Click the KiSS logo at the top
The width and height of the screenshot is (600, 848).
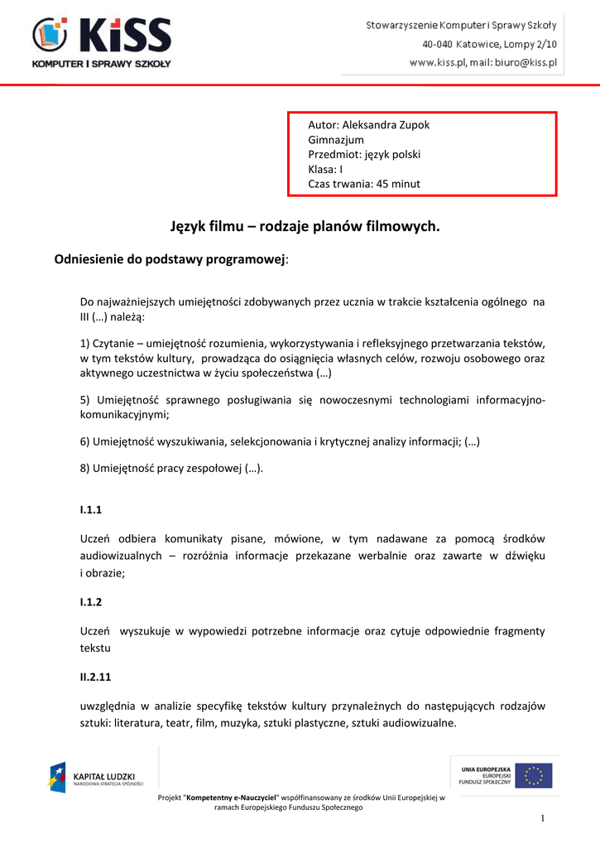(x=102, y=41)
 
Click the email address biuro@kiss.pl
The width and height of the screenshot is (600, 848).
(x=526, y=62)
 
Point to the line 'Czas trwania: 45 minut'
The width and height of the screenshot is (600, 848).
(x=364, y=184)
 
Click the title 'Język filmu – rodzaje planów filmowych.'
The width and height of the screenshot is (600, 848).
(x=300, y=226)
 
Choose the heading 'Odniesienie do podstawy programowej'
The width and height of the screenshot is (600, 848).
(x=170, y=259)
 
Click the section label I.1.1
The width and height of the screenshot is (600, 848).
(x=91, y=510)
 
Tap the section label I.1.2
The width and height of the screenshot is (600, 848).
(x=91, y=602)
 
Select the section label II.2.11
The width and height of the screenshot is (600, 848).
(x=96, y=677)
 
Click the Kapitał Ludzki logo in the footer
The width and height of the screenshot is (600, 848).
(x=95, y=778)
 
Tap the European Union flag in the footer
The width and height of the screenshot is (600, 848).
(x=534, y=776)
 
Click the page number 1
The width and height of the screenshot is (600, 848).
(x=543, y=819)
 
